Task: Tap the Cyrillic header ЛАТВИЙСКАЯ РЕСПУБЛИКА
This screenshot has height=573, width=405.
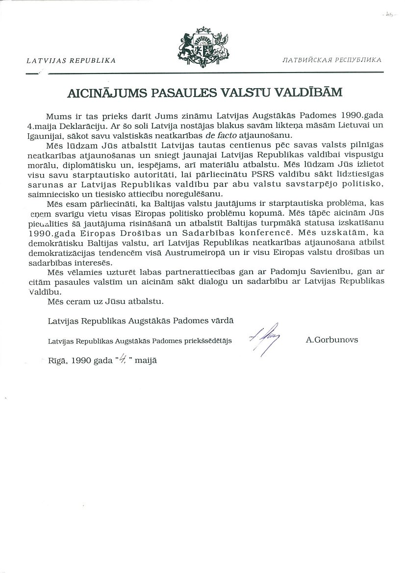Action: click(331, 61)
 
